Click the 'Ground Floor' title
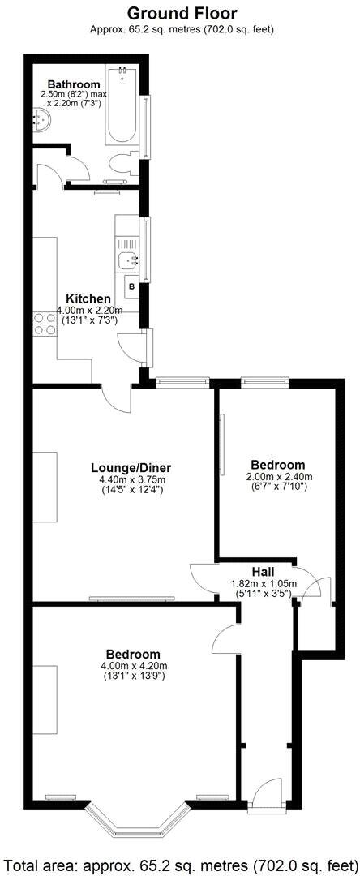coord(182,13)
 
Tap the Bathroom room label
coord(73,84)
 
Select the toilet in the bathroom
coord(122,163)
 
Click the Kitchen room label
coord(88,298)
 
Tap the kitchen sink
coord(126,261)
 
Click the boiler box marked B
coord(131,287)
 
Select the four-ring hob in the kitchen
coord(42,324)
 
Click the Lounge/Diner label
coord(131,467)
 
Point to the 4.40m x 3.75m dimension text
coord(131,479)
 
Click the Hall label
coord(263,572)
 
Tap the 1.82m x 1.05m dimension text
coord(264,583)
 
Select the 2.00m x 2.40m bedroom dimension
coord(278,477)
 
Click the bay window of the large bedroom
coord(135,819)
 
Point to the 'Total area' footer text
coord(180,862)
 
